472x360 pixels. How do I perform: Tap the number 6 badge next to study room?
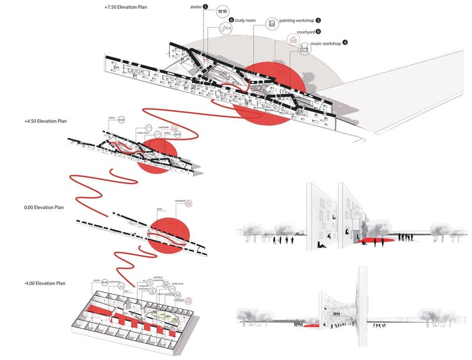coord(231,20)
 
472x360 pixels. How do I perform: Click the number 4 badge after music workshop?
coord(345,42)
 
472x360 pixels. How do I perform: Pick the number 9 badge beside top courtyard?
coord(319,31)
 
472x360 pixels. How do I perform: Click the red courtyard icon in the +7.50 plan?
coord(293,40)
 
